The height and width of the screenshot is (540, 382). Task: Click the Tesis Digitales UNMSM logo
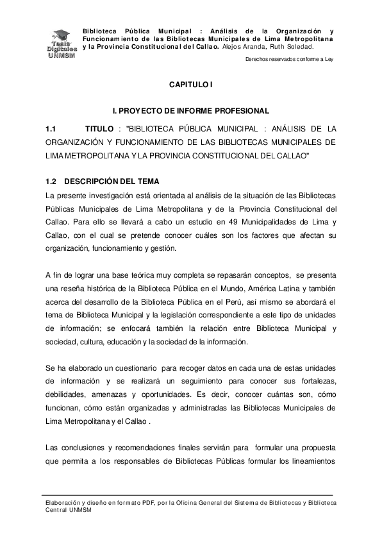(x=62, y=44)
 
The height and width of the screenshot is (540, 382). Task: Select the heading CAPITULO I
(x=190, y=85)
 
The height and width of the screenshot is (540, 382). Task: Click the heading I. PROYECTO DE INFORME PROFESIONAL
(x=190, y=112)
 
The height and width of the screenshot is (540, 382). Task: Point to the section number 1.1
(x=51, y=129)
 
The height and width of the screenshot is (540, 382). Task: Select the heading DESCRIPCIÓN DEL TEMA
(x=112, y=181)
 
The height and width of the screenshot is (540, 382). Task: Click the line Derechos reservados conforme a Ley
(x=290, y=60)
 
